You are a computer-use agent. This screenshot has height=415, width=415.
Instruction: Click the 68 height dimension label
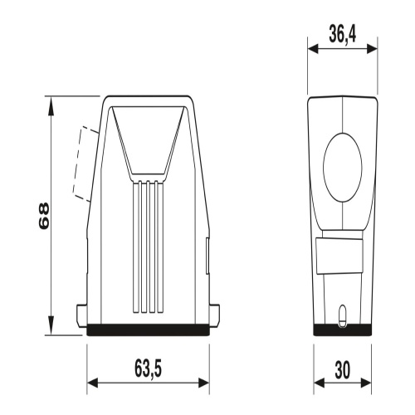tap(44, 216)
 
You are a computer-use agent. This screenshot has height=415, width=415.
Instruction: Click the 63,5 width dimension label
tap(148, 369)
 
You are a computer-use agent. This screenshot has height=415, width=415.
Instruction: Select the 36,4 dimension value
tap(343, 34)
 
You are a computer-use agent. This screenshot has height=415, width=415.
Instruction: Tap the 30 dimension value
tap(343, 370)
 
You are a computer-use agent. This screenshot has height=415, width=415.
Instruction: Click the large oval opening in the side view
tap(343, 168)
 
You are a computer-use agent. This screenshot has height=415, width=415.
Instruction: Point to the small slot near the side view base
tap(343, 316)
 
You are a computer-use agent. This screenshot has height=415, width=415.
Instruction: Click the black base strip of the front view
tap(148, 330)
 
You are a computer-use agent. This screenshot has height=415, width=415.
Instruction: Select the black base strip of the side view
tap(343, 330)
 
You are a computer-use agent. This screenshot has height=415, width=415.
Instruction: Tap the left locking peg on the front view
tap(81, 315)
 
